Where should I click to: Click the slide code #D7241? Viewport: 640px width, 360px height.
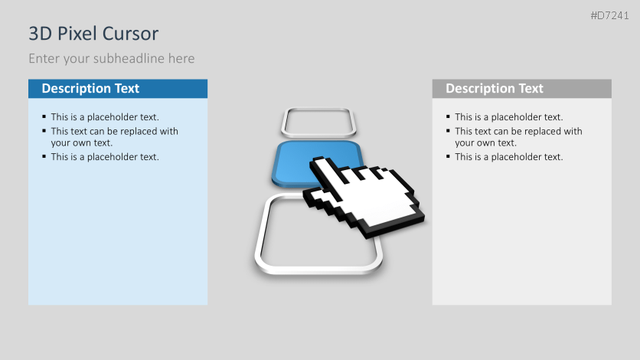pyautogui.click(x=610, y=15)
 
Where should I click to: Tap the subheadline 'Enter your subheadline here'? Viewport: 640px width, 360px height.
pyautogui.click(x=112, y=58)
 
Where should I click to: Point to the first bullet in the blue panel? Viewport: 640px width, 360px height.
pyautogui.click(x=105, y=117)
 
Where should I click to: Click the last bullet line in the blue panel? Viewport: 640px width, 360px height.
pyautogui.click(x=105, y=157)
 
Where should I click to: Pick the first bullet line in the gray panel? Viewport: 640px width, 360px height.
pyautogui.click(x=508, y=117)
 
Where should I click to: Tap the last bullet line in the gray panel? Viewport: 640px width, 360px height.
pyautogui.click(x=508, y=157)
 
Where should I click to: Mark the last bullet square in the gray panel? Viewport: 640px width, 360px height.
pyautogui.click(x=449, y=156)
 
